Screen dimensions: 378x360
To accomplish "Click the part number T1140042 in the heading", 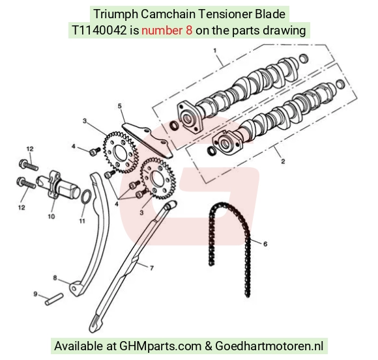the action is click(99, 31).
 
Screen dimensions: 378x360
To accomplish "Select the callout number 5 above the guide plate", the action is click(119, 106).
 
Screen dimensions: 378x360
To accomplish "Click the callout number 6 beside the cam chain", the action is click(265, 244).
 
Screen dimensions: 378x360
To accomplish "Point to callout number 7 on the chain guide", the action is click(152, 268).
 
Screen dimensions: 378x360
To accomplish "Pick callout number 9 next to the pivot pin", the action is click(35, 294).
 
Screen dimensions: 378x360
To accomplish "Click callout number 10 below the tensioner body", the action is click(51, 217).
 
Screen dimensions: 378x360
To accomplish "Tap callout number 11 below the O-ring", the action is click(82, 221).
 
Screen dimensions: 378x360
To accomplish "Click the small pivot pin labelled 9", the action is click(54, 299).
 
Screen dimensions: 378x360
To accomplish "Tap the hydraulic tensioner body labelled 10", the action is click(58, 185).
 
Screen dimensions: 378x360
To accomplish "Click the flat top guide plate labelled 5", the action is click(147, 140).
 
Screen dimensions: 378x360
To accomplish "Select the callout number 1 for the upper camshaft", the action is click(215, 51).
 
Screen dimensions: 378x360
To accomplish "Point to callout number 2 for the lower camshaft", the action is click(283, 161).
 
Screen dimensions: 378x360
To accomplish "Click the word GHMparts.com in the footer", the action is click(160, 346).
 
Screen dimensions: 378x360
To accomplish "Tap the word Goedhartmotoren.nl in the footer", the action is click(269, 346).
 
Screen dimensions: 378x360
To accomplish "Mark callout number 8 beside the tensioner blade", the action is click(55, 278).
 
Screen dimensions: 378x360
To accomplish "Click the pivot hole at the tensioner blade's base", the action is click(74, 288).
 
